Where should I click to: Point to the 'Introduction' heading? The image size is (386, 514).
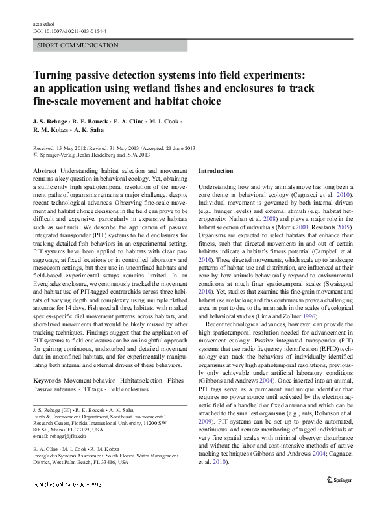coord(215,170)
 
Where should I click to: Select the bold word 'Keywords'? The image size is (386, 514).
coord(47,379)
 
